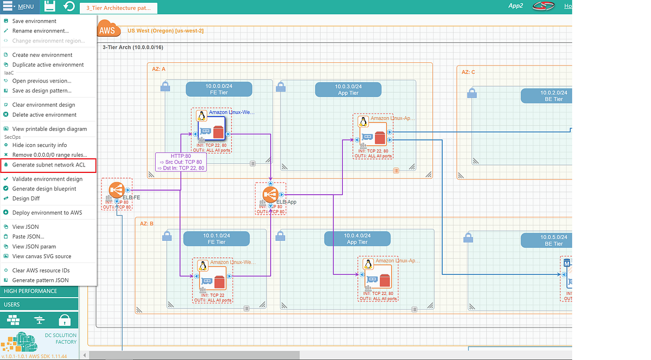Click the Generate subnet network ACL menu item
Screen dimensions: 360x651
pos(49,165)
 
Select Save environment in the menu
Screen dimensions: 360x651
pos(34,21)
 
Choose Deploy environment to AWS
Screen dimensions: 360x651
pos(47,213)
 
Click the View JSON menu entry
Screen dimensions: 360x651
pos(25,227)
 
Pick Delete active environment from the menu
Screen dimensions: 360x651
pos(44,114)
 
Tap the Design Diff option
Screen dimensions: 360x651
pos(26,198)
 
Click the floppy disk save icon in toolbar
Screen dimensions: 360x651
pos(49,7)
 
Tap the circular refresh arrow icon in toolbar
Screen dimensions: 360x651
pos(69,7)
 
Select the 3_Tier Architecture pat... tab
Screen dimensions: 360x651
pos(118,8)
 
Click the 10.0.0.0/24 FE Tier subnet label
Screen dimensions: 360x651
pos(219,89)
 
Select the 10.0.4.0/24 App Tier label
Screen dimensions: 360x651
pos(357,239)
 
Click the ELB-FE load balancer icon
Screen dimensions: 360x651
pos(117,190)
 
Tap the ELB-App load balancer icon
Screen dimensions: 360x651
pos(270,194)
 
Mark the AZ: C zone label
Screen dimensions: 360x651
pos(468,72)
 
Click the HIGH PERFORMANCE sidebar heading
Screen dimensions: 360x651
pos(30,291)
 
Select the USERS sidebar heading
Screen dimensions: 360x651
pos(12,305)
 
